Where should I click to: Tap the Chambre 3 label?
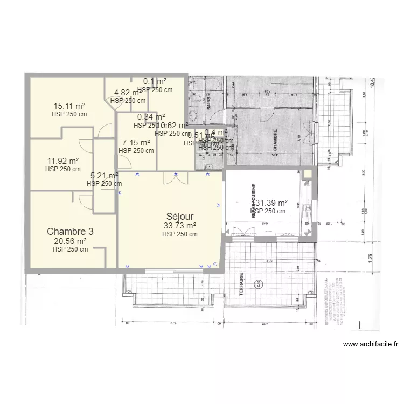70,231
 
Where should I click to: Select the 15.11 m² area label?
69,106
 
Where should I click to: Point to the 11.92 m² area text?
62,161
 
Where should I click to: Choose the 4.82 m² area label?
128,93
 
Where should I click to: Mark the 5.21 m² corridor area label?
104,175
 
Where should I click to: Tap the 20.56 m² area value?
70,241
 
